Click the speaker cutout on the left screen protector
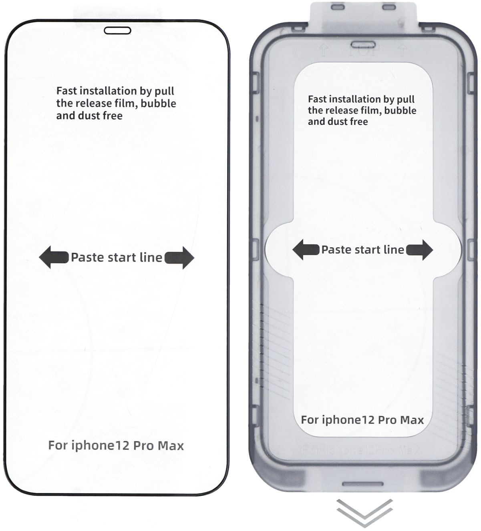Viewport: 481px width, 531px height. pyautogui.click(x=117, y=31)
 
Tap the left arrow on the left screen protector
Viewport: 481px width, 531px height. pyautogui.click(x=53, y=257)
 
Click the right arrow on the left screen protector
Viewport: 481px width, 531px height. pyautogui.click(x=179, y=257)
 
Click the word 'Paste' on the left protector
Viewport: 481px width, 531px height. pyautogui.click(x=87, y=257)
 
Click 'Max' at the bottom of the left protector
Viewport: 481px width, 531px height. pyautogui.click(x=171, y=445)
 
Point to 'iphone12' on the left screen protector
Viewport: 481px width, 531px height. pyautogui.click(x=99, y=445)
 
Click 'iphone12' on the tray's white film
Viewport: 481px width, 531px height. pyautogui.click(x=348, y=420)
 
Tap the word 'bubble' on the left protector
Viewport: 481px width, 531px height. pyautogui.click(x=159, y=103)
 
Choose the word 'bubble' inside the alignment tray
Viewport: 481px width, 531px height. pyautogui.click(x=400, y=110)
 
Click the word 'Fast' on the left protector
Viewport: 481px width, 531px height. pyautogui.click(x=66, y=91)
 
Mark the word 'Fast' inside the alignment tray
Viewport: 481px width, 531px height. pyautogui.click(x=317, y=99)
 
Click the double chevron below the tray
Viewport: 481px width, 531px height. pyautogui.click(x=364, y=512)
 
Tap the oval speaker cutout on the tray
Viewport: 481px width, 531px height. pyautogui.click(x=363, y=44)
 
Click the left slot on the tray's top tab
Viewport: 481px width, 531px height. pyautogui.click(x=337, y=7)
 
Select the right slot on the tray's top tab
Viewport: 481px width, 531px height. pyautogui.click(x=389, y=7)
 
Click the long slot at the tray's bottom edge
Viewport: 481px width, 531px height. pyautogui.click(x=363, y=484)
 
